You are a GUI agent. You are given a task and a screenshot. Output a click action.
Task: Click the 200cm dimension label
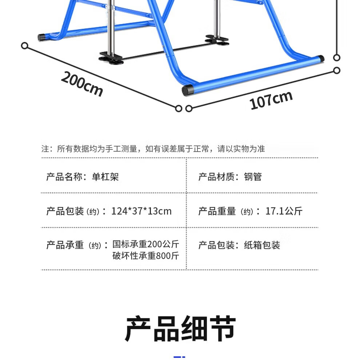pos(82,84)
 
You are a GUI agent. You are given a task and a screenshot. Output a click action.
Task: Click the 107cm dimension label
pos(271,100)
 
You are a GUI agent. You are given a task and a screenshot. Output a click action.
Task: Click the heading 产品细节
pos(180,329)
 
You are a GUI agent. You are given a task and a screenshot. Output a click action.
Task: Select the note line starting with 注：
pos(153,149)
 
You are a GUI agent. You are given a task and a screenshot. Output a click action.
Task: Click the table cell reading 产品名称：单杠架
pos(83,177)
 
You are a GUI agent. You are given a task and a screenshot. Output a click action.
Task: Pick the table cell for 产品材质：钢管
pos(230,177)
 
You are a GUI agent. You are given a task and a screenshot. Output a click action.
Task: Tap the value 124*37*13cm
pos(141,211)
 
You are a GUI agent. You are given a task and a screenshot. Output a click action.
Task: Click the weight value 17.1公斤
pos(284,211)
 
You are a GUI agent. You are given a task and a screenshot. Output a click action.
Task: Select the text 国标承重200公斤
pos(146,244)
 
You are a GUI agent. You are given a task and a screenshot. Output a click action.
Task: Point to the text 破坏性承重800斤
pos(146,256)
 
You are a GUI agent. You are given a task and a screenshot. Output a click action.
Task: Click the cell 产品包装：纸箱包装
pos(239,245)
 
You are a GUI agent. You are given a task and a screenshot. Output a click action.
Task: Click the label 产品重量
pos(217,211)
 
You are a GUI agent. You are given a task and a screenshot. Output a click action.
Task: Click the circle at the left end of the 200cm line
pos(25,46)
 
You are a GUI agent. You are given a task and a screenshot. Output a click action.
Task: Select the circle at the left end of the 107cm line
pos(188,108)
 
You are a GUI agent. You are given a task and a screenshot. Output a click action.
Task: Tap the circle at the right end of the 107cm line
pos(337,70)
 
